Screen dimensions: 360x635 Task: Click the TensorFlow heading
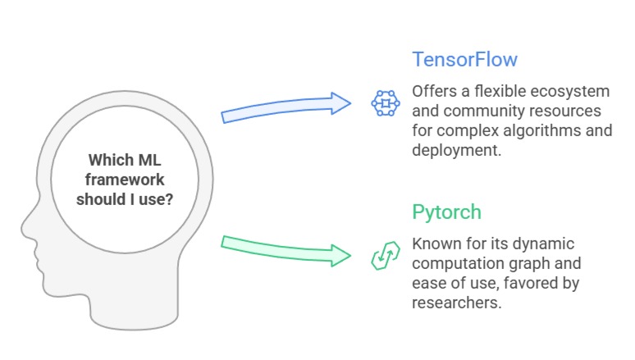[464, 60]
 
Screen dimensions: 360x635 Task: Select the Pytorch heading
[446, 212]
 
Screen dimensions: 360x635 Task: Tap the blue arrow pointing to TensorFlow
[287, 107]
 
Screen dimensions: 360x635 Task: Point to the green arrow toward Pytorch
[287, 249]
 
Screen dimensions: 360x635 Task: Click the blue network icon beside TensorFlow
[384, 103]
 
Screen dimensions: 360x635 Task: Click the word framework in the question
[124, 179]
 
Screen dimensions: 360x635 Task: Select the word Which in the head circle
[107, 159]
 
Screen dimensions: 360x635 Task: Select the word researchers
[455, 303]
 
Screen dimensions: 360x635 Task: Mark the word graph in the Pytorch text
[532, 264]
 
